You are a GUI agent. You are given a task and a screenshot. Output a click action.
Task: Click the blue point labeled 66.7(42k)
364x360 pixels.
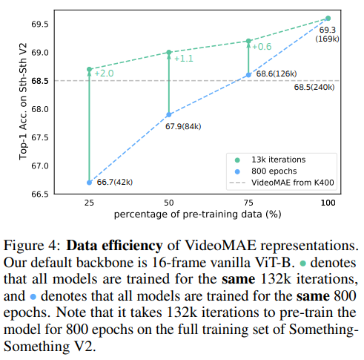89,182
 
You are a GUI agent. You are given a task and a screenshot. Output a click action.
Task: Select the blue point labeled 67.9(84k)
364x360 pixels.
169,114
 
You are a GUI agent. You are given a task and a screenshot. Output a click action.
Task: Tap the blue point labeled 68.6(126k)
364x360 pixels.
248,74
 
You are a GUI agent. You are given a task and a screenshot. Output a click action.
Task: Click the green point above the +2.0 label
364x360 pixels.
89,69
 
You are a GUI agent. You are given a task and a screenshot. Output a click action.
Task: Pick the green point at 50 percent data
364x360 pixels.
169,52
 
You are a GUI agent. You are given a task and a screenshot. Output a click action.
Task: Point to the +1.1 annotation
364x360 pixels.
183,58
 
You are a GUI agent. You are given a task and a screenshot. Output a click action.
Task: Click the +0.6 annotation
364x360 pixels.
262,47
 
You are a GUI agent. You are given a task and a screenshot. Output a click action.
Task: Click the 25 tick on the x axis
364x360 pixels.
89,203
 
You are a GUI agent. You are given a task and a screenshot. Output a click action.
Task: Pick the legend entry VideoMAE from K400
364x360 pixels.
294,183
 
